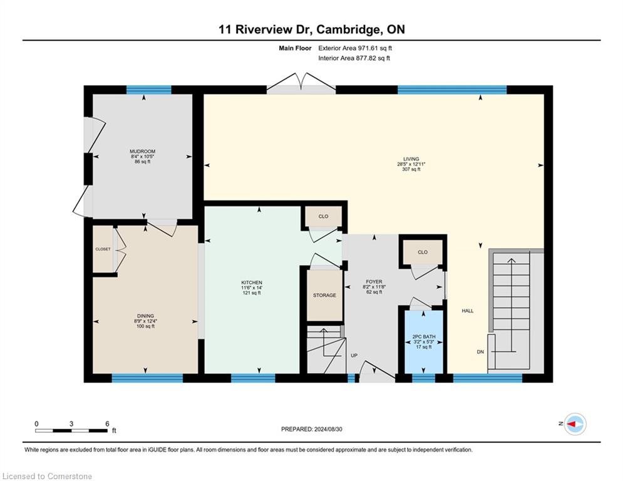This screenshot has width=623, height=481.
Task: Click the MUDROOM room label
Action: tap(142, 152)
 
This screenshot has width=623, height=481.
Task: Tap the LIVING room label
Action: tap(411, 159)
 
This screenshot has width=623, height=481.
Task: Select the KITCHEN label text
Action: tap(252, 282)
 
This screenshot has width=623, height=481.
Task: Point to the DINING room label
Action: tap(145, 316)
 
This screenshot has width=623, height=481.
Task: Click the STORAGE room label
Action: tap(324, 296)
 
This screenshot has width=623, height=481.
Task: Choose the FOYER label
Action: tap(374, 282)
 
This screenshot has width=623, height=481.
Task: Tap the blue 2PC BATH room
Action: tap(423, 342)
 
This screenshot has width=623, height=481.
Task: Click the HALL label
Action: tap(468, 311)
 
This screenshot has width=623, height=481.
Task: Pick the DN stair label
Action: tap(480, 352)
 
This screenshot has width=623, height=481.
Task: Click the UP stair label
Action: tap(354, 355)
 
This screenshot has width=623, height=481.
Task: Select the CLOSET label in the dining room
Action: tap(103, 249)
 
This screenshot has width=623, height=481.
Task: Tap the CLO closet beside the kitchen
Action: tap(324, 216)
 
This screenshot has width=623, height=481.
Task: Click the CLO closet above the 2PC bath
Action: tap(423, 252)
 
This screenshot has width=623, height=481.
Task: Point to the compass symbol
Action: tap(575, 424)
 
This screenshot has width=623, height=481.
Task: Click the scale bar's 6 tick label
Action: tap(107, 424)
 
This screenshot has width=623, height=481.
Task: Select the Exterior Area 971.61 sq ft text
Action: tap(355, 48)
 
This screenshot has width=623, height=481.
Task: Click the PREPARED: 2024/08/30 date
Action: tap(312, 429)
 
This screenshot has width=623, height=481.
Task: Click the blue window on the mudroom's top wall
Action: tap(149, 90)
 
